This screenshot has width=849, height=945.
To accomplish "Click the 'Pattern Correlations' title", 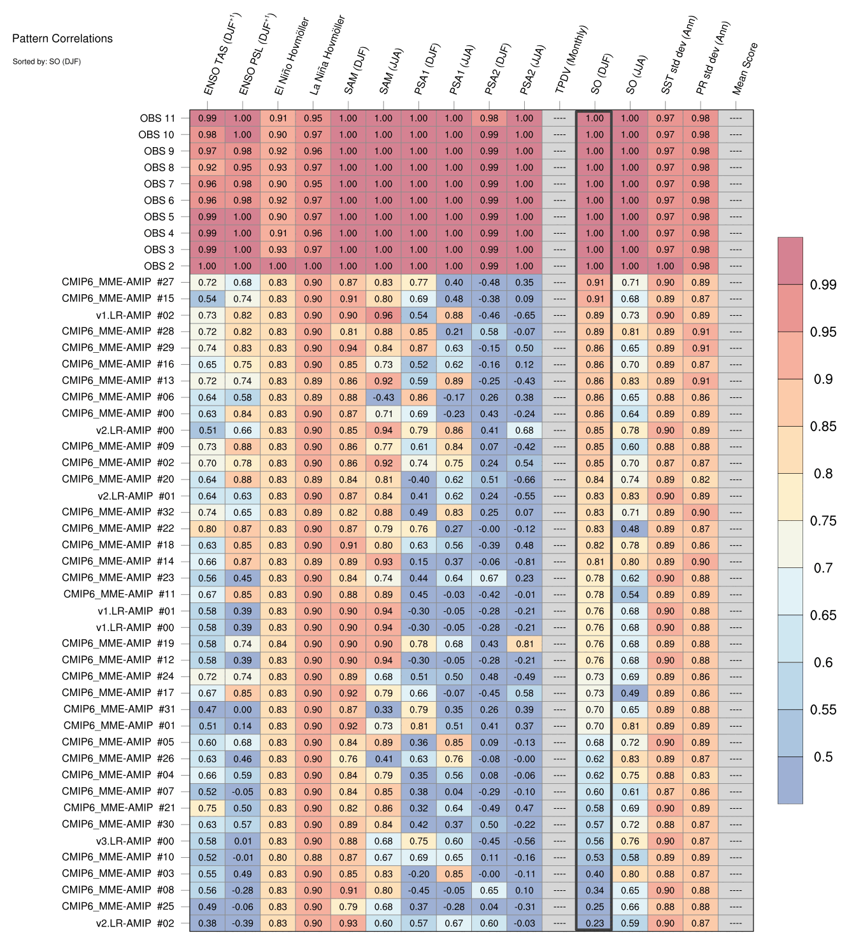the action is point(62,39).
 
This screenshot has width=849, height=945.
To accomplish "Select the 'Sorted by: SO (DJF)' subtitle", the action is point(46,62).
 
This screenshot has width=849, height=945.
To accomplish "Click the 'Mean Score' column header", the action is point(745,69).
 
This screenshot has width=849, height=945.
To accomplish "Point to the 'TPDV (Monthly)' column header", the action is point(571,60).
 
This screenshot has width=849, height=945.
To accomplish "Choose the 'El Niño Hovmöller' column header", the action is point(292,57).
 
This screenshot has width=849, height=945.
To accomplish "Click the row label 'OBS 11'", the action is point(157,118).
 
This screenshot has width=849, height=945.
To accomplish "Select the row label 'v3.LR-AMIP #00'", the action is point(135,841).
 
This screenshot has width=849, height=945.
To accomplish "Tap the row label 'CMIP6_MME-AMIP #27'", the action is point(118,282).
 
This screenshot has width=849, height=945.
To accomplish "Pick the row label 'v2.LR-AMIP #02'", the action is point(135,923).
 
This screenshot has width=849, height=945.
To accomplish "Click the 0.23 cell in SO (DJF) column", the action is point(594,923).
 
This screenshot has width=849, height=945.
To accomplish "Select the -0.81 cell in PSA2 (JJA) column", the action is point(524,562).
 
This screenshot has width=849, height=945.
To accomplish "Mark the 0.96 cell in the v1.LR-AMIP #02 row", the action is point(383,315).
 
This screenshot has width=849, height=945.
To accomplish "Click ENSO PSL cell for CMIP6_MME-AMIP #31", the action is point(243,709).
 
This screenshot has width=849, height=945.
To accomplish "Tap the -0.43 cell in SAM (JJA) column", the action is point(383,397).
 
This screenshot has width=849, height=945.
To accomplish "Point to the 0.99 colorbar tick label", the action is point(824,285).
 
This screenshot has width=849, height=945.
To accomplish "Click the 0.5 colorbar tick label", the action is point(824,757).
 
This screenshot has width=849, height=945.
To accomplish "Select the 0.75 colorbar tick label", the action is point(824,521).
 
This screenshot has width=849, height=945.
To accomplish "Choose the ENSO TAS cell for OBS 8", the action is point(207,167).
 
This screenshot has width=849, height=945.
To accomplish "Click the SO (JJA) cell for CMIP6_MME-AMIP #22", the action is point(630,529).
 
